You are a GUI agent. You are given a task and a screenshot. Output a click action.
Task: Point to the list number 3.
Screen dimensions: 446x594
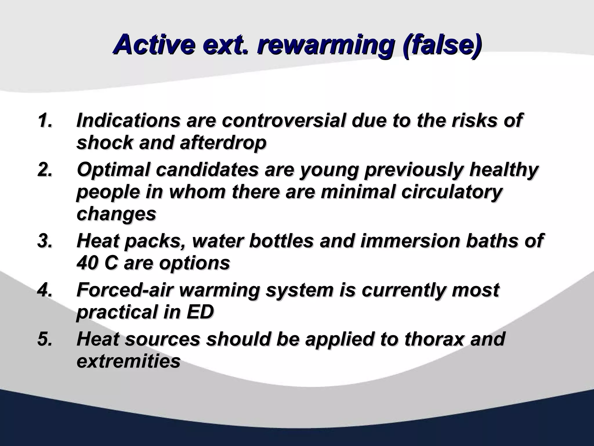pos(45,241)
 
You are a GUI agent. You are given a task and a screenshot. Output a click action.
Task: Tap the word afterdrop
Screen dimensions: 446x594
pos(223,143)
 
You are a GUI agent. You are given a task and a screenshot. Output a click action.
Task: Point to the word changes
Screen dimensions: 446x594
pos(116,214)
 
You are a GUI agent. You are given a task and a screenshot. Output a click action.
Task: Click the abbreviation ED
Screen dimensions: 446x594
pos(200,312)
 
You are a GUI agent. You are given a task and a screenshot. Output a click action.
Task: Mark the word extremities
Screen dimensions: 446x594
pos(128,361)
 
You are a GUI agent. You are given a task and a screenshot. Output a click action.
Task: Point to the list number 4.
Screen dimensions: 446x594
pos(45,290)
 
